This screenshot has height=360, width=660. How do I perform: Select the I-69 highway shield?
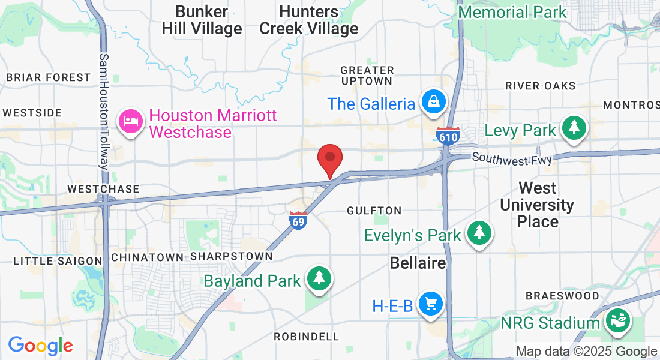tap(298, 220)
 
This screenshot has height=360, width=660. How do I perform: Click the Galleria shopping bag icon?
tap(433, 103)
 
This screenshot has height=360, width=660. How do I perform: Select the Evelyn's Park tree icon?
tap(479, 233)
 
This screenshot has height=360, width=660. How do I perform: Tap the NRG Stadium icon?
tap(617, 322)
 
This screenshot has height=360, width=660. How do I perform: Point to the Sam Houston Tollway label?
tap(105, 112)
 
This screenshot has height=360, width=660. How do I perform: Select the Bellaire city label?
tap(418, 263)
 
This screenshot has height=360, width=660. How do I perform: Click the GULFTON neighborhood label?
tap(374, 211)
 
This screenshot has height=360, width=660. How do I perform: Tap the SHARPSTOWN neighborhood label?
tap(232, 256)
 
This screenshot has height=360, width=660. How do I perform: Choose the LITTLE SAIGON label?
tap(58, 260)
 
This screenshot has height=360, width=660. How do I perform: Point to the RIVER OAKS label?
tap(540, 86)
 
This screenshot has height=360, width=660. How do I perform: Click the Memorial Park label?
tap(512, 12)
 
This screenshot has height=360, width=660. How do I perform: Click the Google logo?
tap(40, 346)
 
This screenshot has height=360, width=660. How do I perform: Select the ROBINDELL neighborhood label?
tap(307, 337)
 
